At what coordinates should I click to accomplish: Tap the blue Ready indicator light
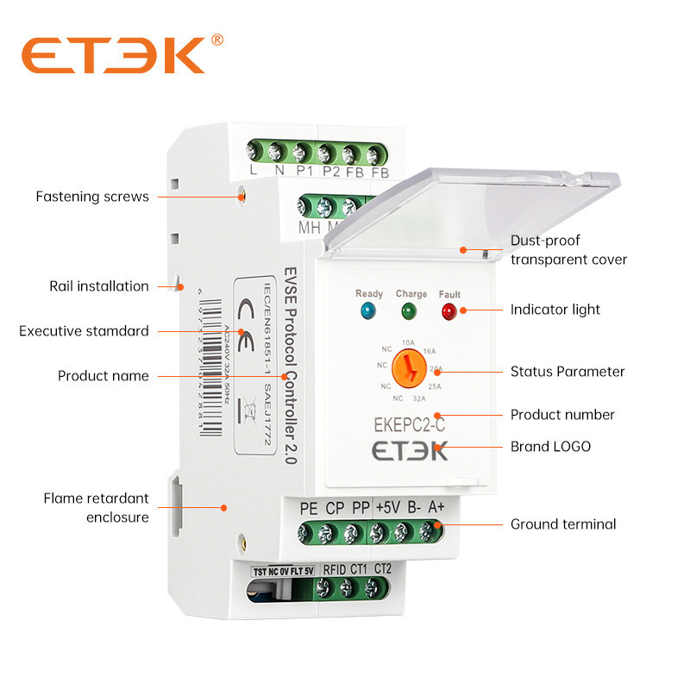tap(369, 310)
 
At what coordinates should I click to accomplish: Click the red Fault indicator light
tap(448, 310)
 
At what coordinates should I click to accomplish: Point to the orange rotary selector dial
tap(410, 369)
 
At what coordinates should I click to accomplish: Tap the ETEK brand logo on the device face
tap(410, 452)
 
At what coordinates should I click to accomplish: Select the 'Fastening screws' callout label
tap(92, 197)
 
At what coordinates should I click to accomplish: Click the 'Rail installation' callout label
tap(99, 286)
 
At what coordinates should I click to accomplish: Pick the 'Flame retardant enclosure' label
tap(97, 508)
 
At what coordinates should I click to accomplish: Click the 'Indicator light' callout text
tap(555, 309)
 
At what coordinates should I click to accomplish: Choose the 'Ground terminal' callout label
tap(563, 524)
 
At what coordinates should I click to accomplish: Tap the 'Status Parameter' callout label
tap(568, 372)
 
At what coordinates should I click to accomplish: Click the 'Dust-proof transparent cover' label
tap(568, 250)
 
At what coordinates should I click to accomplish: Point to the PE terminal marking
tap(308, 509)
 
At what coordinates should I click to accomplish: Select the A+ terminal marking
tap(436, 509)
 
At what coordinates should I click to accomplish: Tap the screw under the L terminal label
tap(254, 153)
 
